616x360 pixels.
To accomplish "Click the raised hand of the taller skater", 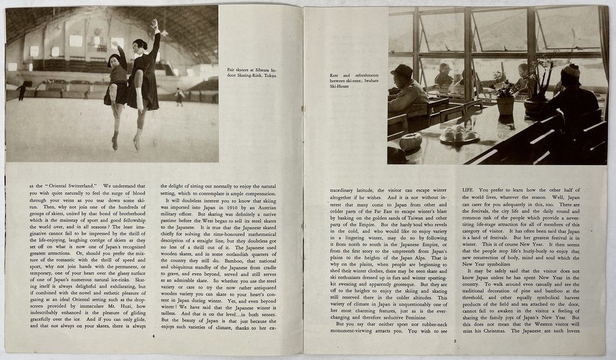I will click(154, 23).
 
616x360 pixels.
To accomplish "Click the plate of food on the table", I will click(458, 136).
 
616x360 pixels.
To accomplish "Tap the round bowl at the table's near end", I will click(410, 142).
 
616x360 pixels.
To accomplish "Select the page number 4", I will click(153, 337).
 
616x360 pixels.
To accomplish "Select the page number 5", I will click(454, 340).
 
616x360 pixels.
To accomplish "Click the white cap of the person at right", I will click(570, 69).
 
